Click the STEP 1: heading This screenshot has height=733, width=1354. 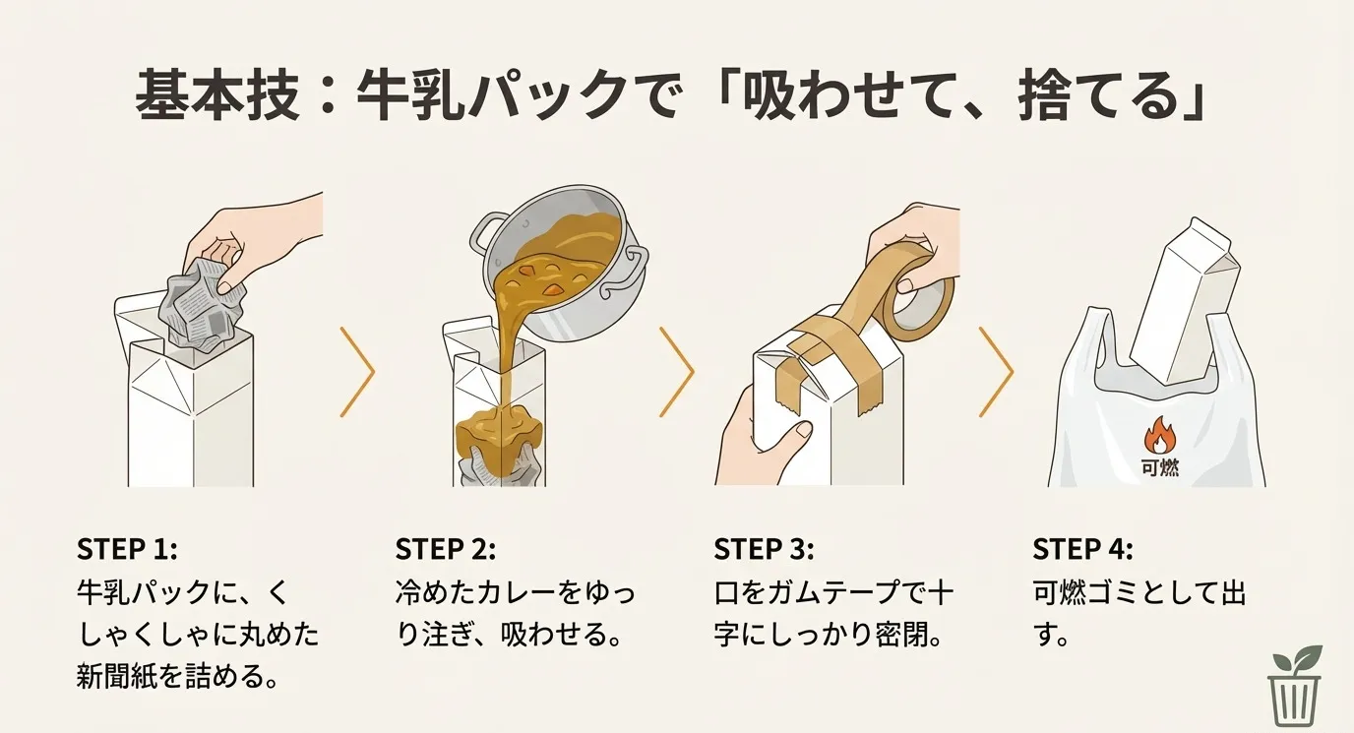pos(126,548)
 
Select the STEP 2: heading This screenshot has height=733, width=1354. pos(446,548)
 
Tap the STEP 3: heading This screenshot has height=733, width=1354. pos(765,548)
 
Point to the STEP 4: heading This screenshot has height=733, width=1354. pos(1083,548)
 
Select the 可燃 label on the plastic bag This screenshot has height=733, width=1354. pos(1161,467)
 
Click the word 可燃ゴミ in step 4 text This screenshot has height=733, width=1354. pos(1092,592)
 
